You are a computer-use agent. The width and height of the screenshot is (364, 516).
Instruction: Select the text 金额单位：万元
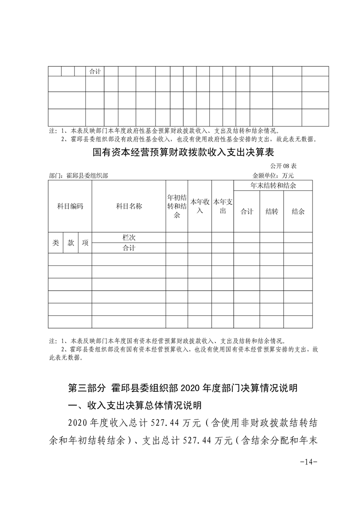click(273, 175)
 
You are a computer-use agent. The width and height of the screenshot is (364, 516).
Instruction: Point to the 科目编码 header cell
click(70, 206)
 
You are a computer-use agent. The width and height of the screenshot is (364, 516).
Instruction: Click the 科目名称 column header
click(129, 206)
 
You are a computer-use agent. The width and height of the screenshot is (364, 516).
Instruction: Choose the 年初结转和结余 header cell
click(177, 206)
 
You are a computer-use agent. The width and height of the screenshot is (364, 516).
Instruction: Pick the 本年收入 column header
click(200, 206)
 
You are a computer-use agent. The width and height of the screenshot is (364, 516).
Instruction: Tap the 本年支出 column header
click(223, 206)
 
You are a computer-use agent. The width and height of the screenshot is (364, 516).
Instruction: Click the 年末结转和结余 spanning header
click(273, 185)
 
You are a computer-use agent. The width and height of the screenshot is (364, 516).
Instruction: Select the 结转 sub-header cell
click(272, 212)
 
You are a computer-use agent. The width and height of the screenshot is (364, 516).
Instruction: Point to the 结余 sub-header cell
click(298, 212)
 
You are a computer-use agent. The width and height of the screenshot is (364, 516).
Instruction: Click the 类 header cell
click(56, 243)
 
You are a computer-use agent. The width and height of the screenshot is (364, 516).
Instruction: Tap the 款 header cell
click(71, 243)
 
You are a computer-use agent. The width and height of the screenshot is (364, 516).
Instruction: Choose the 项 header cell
click(85, 243)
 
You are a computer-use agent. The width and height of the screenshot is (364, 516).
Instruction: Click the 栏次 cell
click(129, 238)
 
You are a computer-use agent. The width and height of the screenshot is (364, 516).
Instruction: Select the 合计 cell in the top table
click(95, 72)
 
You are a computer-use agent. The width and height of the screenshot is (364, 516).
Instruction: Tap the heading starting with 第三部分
click(183, 388)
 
